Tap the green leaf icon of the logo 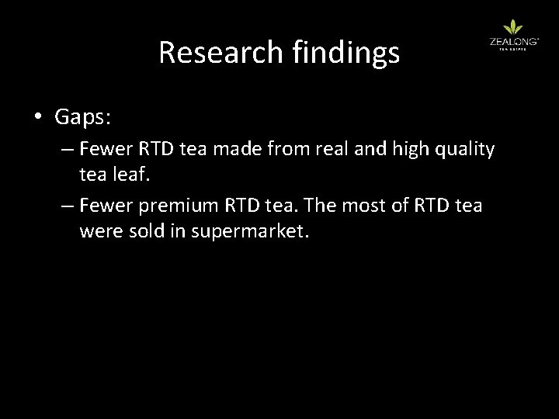509,29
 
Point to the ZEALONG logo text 509,43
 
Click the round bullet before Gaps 38,118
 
